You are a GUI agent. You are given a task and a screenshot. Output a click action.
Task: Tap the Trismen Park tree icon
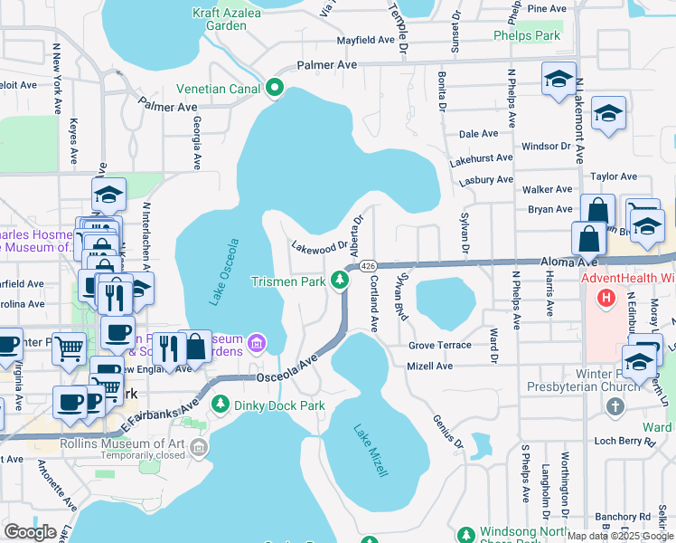[x=340, y=281]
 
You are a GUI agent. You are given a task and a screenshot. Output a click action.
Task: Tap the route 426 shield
[x=368, y=266]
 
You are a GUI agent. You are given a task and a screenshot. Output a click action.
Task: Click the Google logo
[x=30, y=532]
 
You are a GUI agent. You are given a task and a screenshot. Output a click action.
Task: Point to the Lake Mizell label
[x=371, y=450]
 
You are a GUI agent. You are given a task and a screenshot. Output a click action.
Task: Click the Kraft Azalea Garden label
[x=220, y=19]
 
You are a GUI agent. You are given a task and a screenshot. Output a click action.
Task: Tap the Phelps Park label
[x=527, y=35]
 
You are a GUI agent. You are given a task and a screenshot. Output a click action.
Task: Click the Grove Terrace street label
[x=439, y=345]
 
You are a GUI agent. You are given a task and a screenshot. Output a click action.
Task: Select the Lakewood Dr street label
[x=319, y=245]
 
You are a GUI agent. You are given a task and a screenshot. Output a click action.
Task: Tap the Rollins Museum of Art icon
[x=198, y=444]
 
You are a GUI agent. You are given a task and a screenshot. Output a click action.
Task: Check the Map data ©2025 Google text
[x=619, y=535]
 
